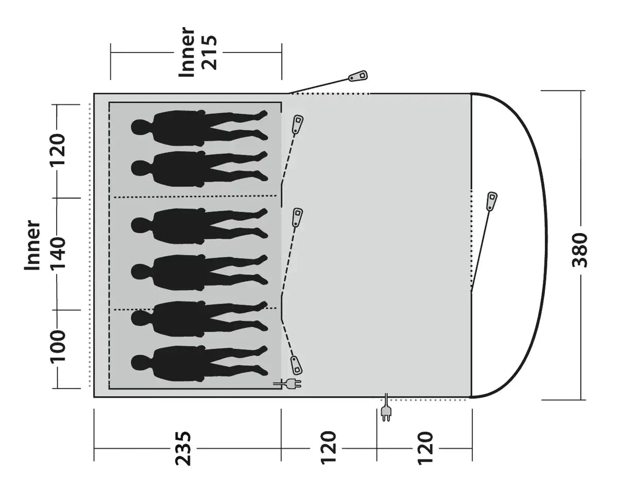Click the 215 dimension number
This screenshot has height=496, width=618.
point(209,52)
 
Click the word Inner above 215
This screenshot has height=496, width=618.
point(186,52)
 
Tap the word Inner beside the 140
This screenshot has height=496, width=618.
point(32,245)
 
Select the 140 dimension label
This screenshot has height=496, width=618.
point(58,253)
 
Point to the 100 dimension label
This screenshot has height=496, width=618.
point(58,346)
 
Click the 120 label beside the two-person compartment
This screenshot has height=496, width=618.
point(58,149)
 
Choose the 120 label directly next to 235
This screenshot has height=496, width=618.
point(328,448)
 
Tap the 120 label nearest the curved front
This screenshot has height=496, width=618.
point(425,448)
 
